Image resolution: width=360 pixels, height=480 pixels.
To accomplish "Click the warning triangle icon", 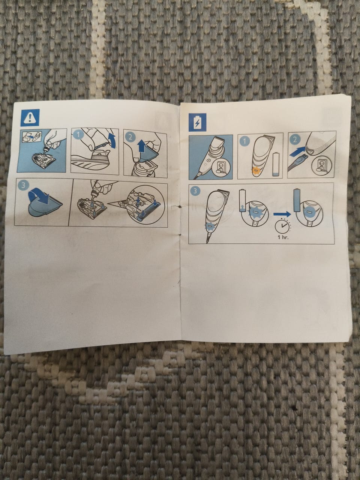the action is [30, 117].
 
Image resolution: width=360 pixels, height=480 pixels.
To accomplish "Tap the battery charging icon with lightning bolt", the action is [197, 122].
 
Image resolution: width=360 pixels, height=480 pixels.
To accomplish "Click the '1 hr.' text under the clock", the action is [283, 237].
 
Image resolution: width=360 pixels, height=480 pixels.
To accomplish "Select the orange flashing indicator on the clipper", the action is [255, 169].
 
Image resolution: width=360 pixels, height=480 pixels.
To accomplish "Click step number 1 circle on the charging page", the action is [245, 141].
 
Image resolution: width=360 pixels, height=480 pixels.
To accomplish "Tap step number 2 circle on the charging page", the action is [295, 139].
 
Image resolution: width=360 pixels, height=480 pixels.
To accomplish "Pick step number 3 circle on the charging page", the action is [195, 191].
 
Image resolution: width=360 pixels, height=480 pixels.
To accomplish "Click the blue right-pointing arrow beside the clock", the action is [282, 214].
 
